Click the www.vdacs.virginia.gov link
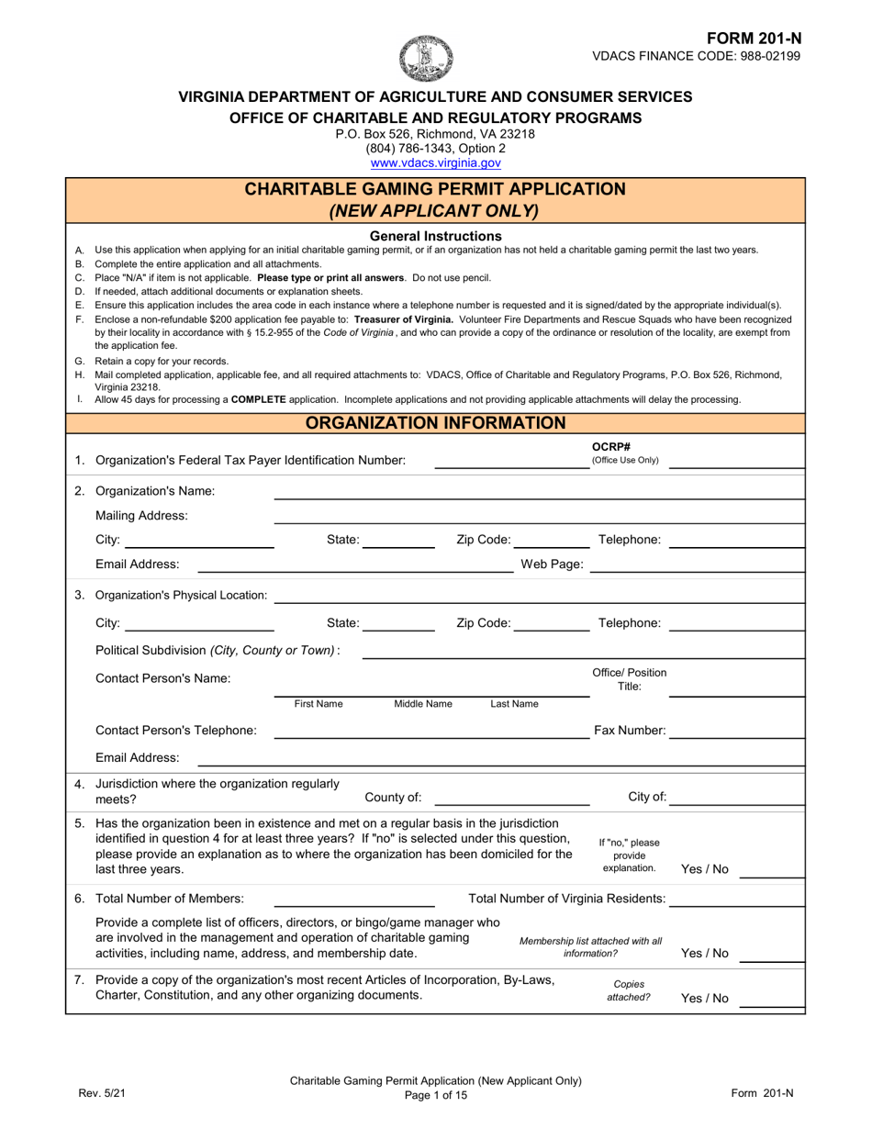435,162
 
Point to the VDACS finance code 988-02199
697,56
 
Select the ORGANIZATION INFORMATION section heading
435,423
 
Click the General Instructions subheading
435,236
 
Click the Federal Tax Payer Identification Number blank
511,461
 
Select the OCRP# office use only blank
736,461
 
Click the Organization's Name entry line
539,492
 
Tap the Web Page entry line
697,564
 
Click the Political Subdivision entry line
583,652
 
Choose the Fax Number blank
736,732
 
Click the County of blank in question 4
511,798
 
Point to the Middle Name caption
423,704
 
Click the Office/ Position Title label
630,679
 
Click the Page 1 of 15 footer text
435,1095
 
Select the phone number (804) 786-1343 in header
435,148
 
